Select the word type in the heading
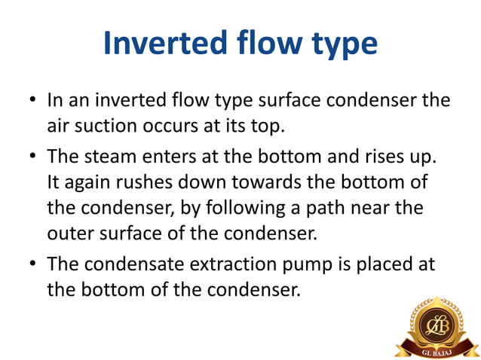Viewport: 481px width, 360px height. click(339, 45)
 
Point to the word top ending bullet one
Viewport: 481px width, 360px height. click(267, 126)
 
